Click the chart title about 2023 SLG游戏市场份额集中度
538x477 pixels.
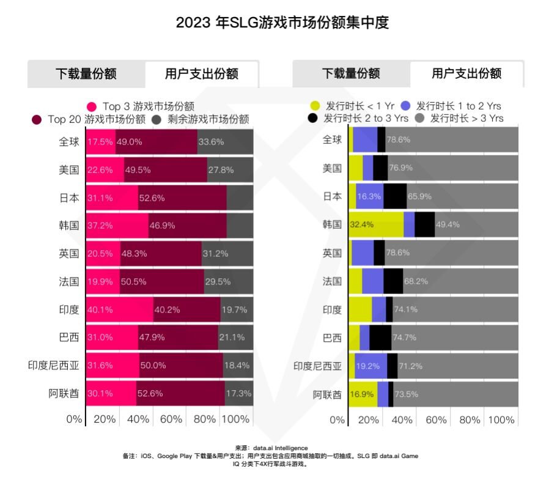282,23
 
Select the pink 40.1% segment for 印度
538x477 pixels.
120,309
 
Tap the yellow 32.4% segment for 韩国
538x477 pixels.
375,225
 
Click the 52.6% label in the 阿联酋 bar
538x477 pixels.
150,393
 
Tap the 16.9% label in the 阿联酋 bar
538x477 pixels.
362,393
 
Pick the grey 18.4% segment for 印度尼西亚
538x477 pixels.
238,365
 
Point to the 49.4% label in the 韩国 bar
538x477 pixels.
448,225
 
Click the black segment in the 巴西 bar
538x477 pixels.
380,338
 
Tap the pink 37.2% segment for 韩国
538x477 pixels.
117,225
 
